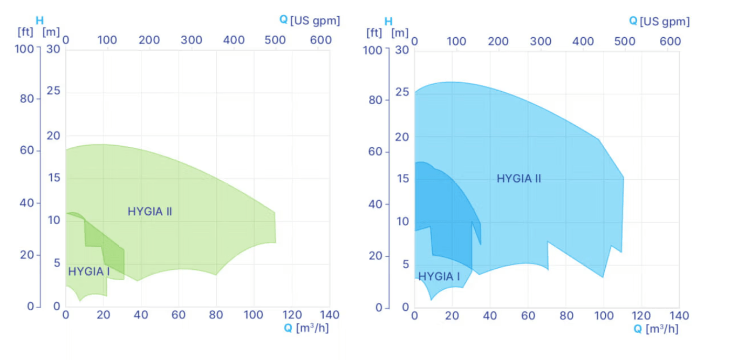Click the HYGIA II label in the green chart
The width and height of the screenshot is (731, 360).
click(150, 212)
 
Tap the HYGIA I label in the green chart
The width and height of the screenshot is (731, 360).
click(88, 271)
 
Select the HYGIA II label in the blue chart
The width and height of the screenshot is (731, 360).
click(518, 178)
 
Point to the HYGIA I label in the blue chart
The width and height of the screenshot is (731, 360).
click(439, 276)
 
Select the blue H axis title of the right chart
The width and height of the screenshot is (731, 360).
click(388, 22)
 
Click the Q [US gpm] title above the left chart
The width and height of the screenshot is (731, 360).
click(310, 21)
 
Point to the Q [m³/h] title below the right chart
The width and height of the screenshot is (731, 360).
click(656, 329)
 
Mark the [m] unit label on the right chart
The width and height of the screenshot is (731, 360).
click(400, 32)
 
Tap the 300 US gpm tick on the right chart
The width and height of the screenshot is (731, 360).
click(540, 42)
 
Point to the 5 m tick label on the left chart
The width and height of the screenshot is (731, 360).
click(56, 263)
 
